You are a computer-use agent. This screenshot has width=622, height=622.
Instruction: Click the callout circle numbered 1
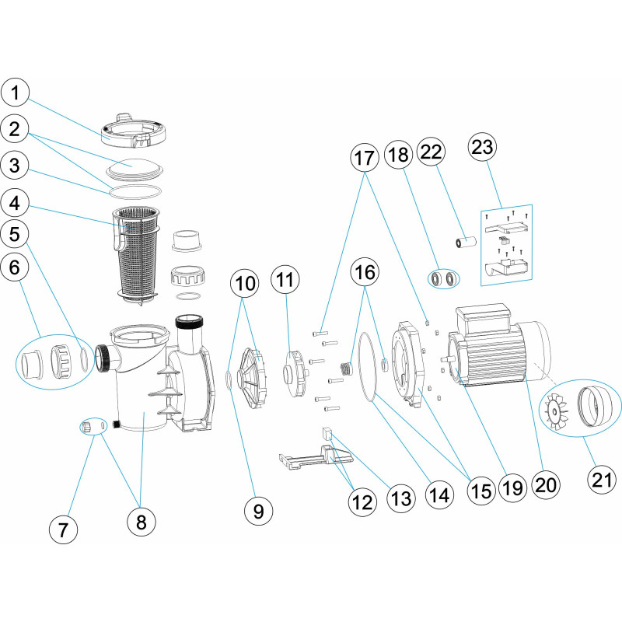click(x=16, y=93)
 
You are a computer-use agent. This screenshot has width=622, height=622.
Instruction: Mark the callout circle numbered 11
click(x=286, y=278)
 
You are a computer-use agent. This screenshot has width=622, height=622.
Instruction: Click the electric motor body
click(x=498, y=350)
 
